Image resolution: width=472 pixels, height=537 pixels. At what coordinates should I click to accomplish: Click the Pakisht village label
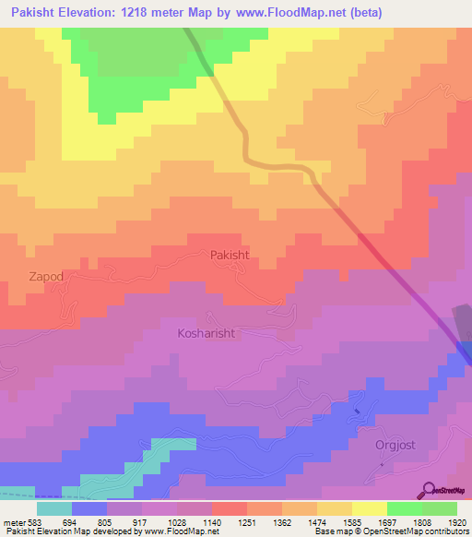230,255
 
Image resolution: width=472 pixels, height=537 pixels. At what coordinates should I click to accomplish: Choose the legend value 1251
247,521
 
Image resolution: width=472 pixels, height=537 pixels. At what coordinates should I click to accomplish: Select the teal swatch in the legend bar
54,507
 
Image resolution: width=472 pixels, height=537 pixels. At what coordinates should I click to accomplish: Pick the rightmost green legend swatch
440,507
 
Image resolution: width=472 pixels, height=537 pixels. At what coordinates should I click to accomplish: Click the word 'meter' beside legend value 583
14,521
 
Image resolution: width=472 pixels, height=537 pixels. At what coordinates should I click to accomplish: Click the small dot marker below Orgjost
379,464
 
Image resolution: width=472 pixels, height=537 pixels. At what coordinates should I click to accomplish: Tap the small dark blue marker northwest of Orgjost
357,410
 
